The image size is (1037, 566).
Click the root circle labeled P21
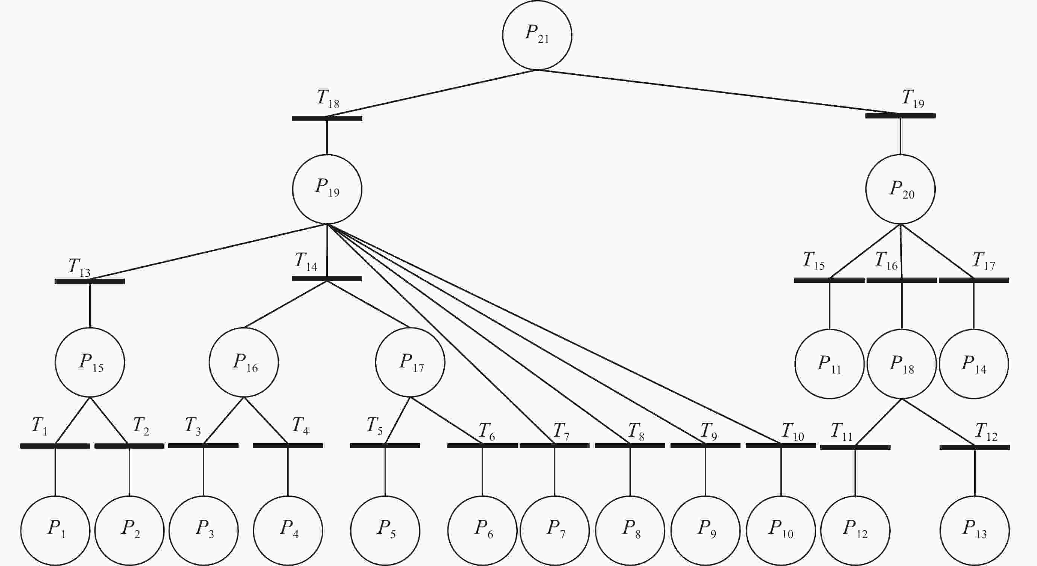coord(537,35)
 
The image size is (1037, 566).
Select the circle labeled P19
coord(327,189)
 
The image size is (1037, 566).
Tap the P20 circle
coord(900,189)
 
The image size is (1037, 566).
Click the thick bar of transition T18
coord(327,118)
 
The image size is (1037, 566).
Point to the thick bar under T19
coord(900,116)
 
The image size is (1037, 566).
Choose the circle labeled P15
coord(90,363)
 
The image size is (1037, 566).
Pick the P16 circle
coord(244,363)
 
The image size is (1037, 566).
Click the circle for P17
coord(410,363)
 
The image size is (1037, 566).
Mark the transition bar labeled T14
coord(327,278)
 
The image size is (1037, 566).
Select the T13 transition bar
coord(90,281)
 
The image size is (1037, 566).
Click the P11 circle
coord(829,364)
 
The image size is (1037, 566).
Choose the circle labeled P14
coord(974,364)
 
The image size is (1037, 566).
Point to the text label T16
coord(886,261)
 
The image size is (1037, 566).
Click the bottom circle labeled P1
coord(55,531)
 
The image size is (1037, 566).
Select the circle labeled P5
coord(385,531)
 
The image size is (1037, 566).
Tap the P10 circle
coord(781,531)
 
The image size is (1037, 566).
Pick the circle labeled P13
coord(975,531)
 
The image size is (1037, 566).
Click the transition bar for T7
coord(554,445)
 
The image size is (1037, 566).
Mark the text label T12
coord(986,432)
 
